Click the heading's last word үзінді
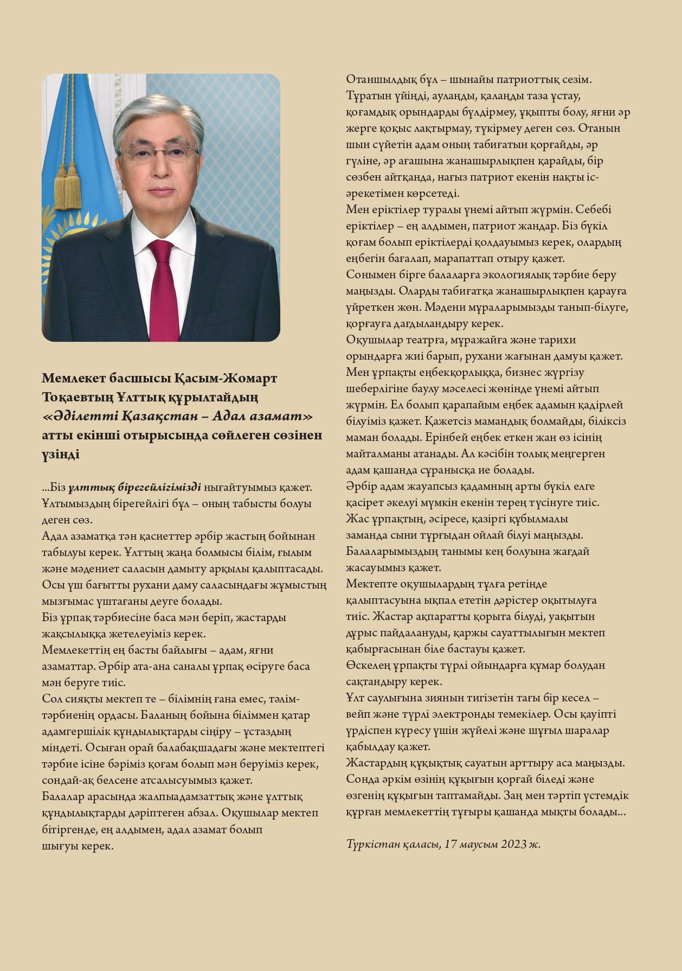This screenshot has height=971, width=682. click(60, 455)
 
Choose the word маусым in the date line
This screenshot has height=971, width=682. click(478, 844)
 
